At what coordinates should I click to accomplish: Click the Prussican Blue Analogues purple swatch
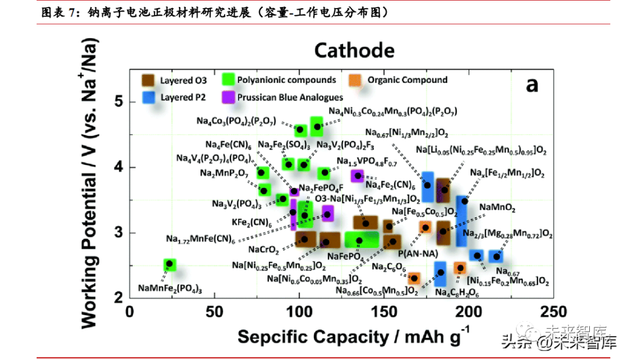[229, 97]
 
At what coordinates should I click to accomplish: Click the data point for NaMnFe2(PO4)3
[170, 264]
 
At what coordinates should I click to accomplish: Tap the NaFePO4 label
[345, 256]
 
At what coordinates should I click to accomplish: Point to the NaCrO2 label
[263, 250]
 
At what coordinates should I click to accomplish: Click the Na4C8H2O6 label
[457, 291]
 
